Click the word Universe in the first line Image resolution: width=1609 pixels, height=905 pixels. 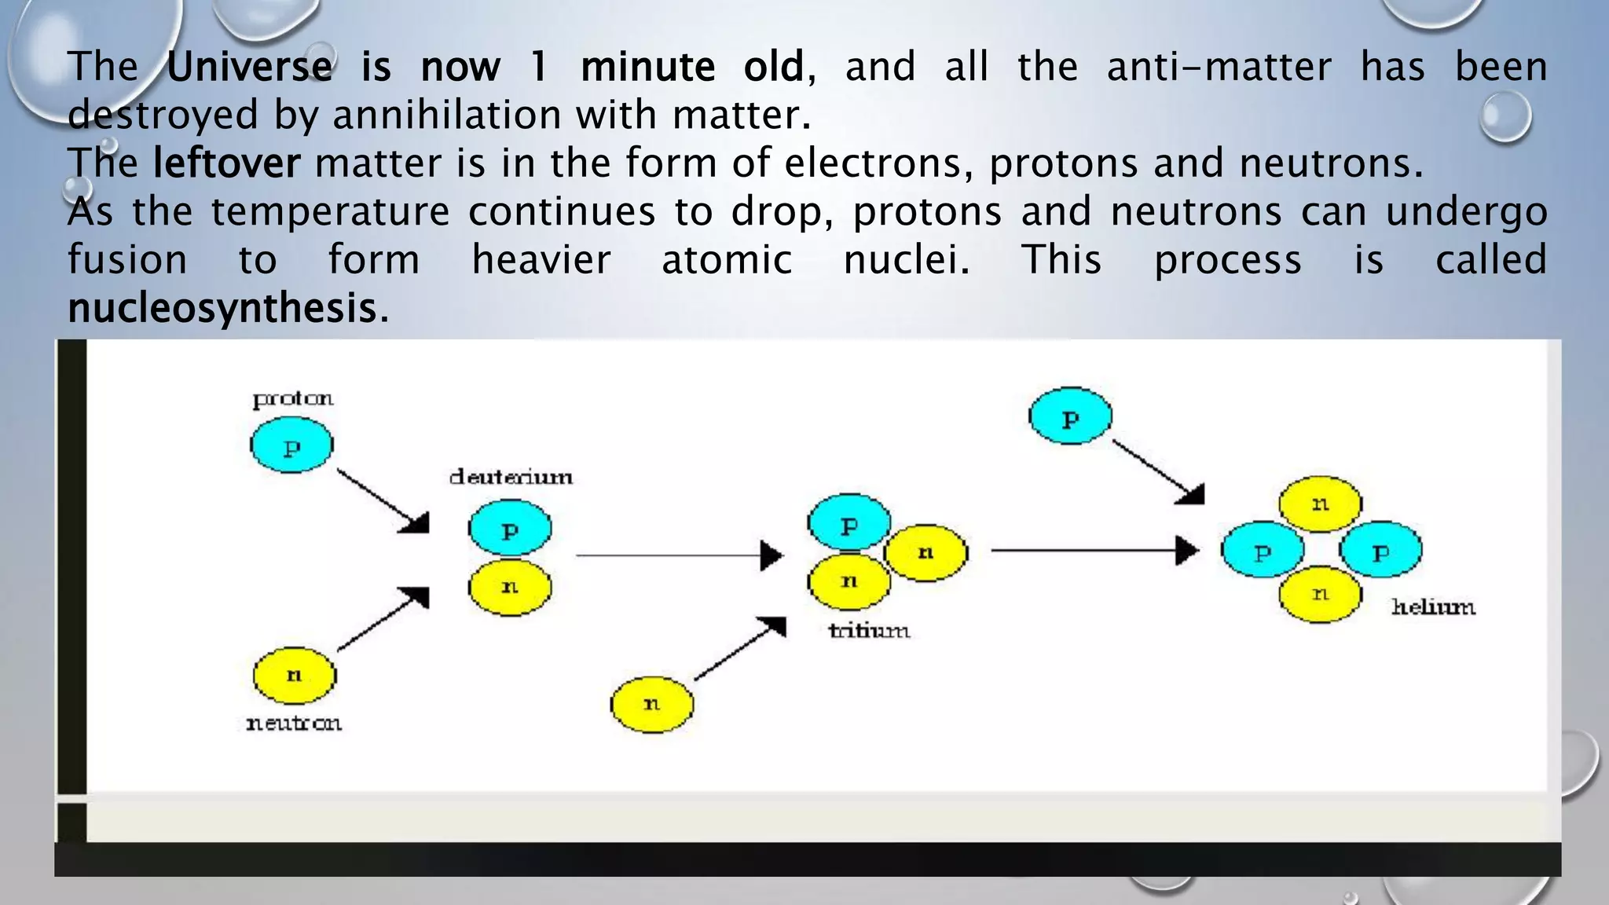click(x=250, y=67)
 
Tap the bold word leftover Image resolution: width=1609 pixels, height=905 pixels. click(x=226, y=163)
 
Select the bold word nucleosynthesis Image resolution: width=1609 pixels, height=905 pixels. click(x=223, y=308)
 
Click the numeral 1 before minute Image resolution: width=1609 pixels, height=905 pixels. click(x=538, y=67)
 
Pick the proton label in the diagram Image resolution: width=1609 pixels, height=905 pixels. click(x=293, y=399)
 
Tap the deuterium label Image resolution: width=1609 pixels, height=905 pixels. click(x=511, y=477)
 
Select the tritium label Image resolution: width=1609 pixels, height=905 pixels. click(x=869, y=630)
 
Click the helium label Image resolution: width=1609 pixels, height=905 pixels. click(x=1433, y=606)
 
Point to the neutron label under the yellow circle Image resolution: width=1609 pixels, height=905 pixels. click(x=294, y=723)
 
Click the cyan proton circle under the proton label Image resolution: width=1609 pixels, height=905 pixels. click(x=291, y=445)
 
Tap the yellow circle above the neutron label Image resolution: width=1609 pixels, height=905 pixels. click(x=294, y=676)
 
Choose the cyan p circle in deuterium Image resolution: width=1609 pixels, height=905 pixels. click(x=510, y=529)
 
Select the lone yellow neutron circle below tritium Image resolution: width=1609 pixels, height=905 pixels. click(x=652, y=704)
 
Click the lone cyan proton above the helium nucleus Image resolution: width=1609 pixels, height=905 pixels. click(x=1070, y=416)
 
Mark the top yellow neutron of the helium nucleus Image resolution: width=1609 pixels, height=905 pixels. click(x=1320, y=504)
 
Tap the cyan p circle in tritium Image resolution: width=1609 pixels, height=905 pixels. click(x=848, y=522)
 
